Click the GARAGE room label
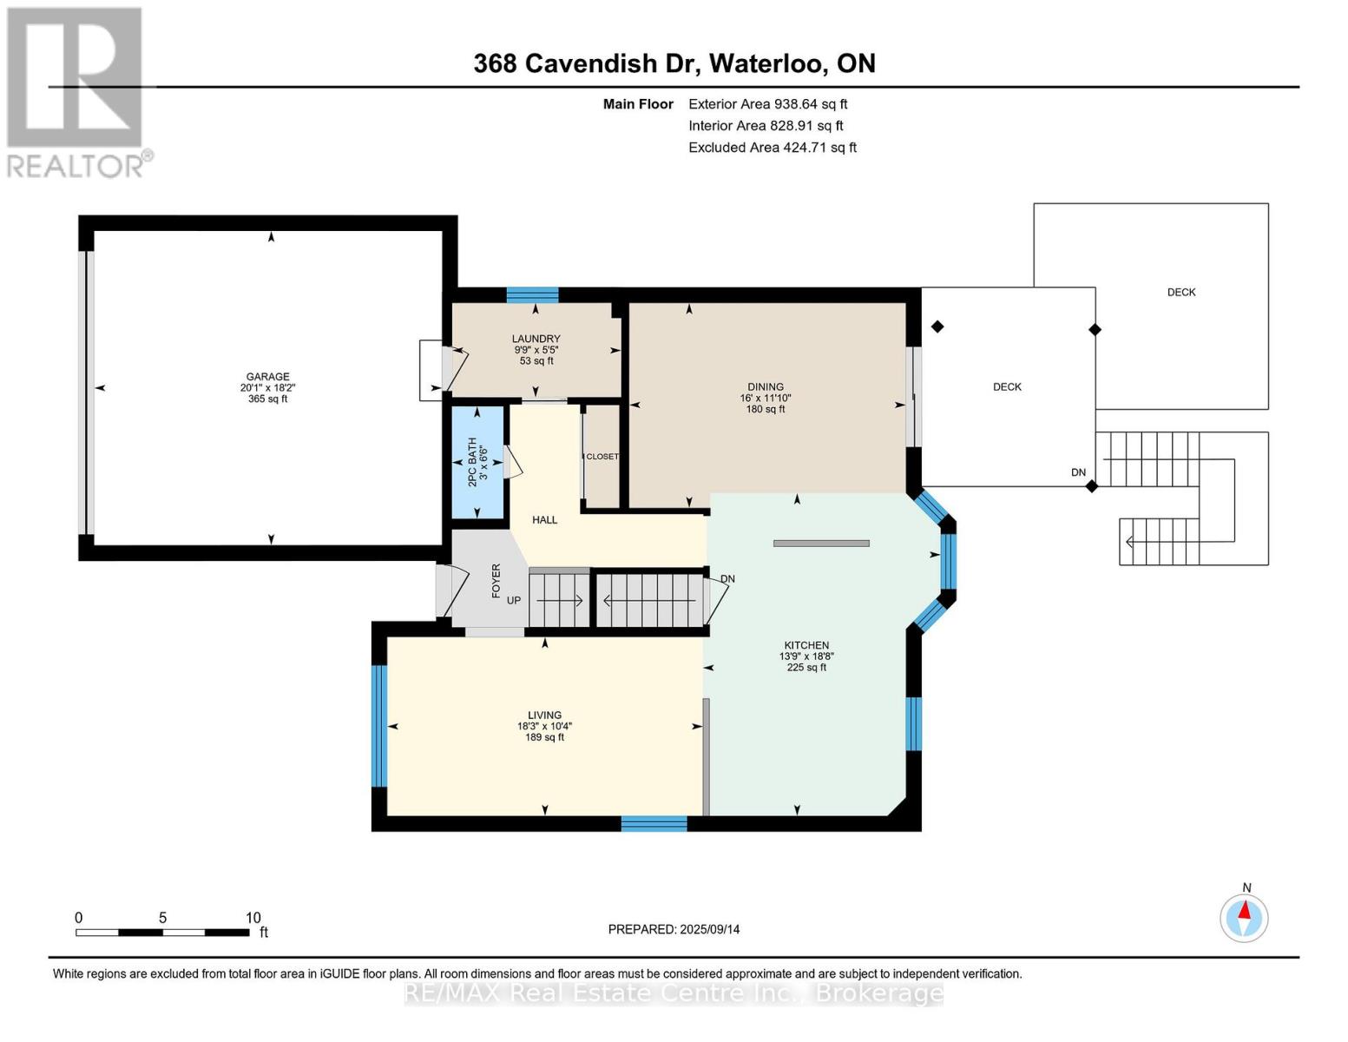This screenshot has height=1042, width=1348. click(267, 377)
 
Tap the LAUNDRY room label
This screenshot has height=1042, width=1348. click(536, 339)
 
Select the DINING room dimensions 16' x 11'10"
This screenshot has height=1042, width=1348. click(766, 399)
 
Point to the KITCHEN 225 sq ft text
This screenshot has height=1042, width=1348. click(806, 668)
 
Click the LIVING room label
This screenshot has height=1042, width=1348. click(544, 716)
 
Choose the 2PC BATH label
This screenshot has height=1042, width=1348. click(473, 462)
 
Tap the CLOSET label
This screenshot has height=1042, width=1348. click(602, 457)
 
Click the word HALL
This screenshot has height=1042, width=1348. click(544, 520)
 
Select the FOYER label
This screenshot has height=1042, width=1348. click(496, 581)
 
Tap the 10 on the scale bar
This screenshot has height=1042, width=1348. click(253, 918)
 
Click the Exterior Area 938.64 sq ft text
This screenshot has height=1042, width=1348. click(768, 104)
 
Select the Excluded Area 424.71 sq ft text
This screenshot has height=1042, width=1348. click(773, 148)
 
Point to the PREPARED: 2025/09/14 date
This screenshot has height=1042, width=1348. click(674, 930)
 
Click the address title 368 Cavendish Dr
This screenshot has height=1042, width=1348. click(582, 63)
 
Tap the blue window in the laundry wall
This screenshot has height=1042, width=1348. click(532, 294)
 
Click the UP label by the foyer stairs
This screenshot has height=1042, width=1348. click(514, 601)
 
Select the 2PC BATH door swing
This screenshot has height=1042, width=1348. click(512, 462)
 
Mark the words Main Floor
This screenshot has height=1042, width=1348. click(638, 104)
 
